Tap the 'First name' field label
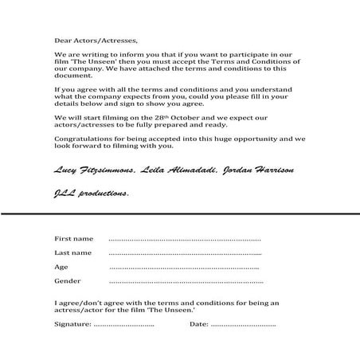(73, 239)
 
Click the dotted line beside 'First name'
(185, 240)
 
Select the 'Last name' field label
(73, 253)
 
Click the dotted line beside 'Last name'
(185, 254)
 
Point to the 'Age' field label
(61, 267)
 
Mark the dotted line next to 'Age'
(185, 268)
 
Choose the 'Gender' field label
(68, 281)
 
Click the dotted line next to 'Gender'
(185, 283)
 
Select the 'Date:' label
(199, 324)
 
